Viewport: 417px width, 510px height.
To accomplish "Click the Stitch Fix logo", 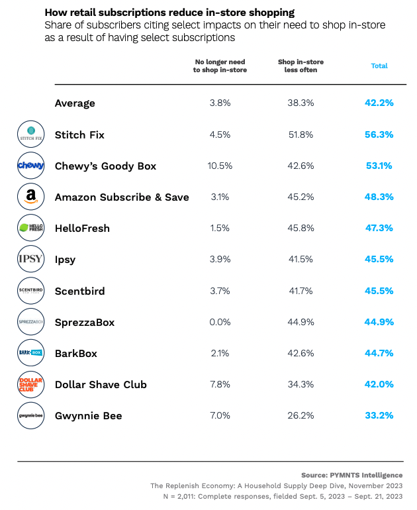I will click(30, 134).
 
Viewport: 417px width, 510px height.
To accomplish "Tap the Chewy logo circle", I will click(30, 166).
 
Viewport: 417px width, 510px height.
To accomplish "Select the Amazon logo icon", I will click(30, 197).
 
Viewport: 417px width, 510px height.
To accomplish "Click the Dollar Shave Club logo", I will click(30, 384).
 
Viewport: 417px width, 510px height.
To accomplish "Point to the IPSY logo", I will click(30, 259).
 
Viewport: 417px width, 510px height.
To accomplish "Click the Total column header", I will click(379, 66).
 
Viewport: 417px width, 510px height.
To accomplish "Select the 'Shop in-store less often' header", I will click(301, 66).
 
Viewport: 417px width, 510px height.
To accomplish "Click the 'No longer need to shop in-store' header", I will click(220, 66).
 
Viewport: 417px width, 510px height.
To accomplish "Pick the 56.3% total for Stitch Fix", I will click(379, 134).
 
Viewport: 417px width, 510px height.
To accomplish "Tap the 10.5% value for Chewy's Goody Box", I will click(220, 166).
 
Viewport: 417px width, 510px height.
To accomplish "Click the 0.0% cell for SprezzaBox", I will click(220, 322).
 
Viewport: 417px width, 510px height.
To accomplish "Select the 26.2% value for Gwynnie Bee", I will click(301, 415).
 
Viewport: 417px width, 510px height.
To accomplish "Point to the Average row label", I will click(75, 103).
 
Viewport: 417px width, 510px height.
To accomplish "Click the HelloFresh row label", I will click(82, 228).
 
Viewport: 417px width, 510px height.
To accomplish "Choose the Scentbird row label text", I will click(79, 291).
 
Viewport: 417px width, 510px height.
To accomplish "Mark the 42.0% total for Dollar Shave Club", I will click(379, 384).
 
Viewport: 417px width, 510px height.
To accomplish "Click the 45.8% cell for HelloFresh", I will click(301, 228).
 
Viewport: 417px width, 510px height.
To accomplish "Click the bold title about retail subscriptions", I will click(169, 13).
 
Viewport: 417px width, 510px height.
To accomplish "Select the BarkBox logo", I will click(30, 353).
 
